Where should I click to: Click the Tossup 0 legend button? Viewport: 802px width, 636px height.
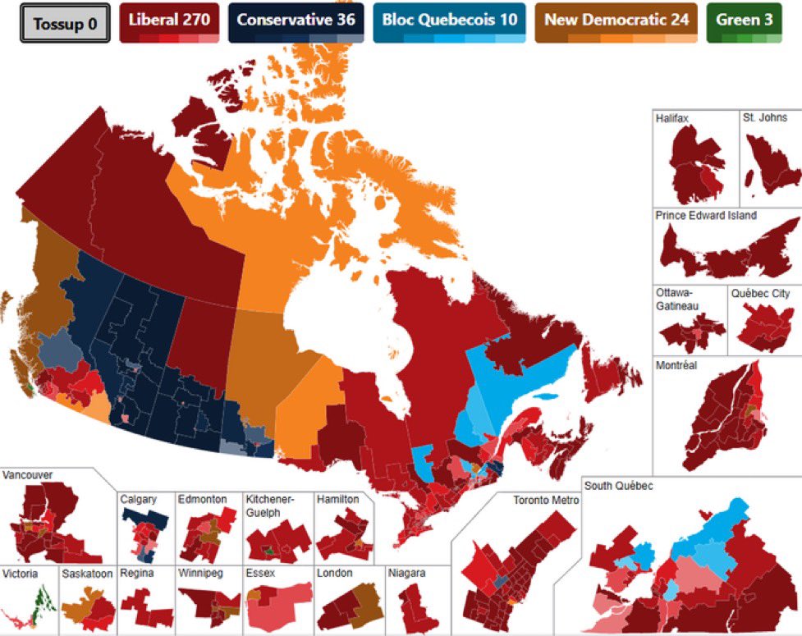coord(65,23)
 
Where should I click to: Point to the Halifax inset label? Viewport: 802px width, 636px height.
coord(672,119)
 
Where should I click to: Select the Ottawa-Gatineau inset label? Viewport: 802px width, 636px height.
coord(676,299)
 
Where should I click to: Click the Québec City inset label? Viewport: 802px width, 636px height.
coord(763,293)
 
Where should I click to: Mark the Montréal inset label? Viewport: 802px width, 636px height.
coord(676,365)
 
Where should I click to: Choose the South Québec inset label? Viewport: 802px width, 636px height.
coord(619,486)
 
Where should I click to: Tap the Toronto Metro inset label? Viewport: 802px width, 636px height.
coord(546,500)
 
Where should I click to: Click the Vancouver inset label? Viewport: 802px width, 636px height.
coord(29,475)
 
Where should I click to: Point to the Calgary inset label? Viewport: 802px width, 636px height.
coord(137,499)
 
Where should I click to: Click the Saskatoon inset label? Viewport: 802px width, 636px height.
coord(86,574)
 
